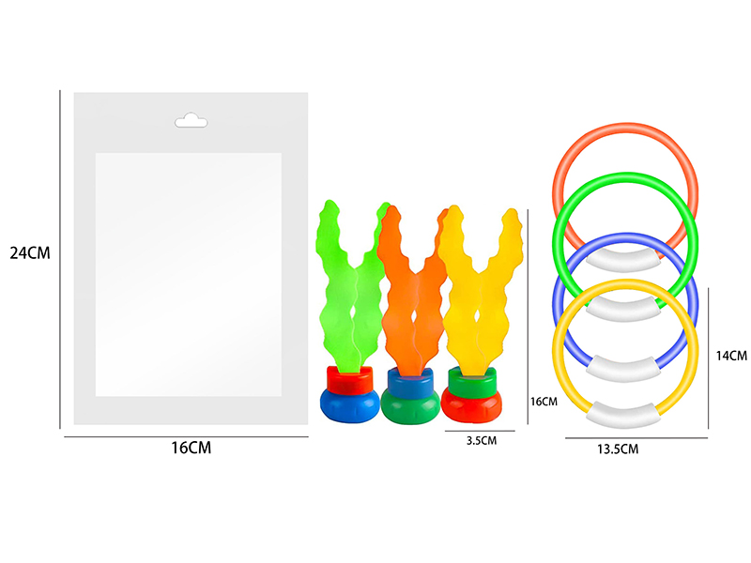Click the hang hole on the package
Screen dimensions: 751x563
click(x=192, y=121)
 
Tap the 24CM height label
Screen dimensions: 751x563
click(x=30, y=253)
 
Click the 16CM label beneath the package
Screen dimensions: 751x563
click(x=192, y=449)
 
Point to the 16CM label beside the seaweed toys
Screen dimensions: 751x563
click(x=544, y=402)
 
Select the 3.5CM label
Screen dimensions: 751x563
click(x=482, y=441)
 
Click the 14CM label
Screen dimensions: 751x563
click(x=731, y=356)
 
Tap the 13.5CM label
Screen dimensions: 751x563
click(x=618, y=449)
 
